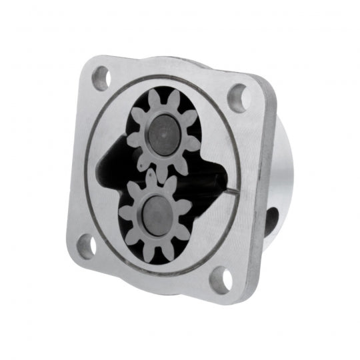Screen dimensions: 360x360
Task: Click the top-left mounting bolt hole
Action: tap(100, 77)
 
